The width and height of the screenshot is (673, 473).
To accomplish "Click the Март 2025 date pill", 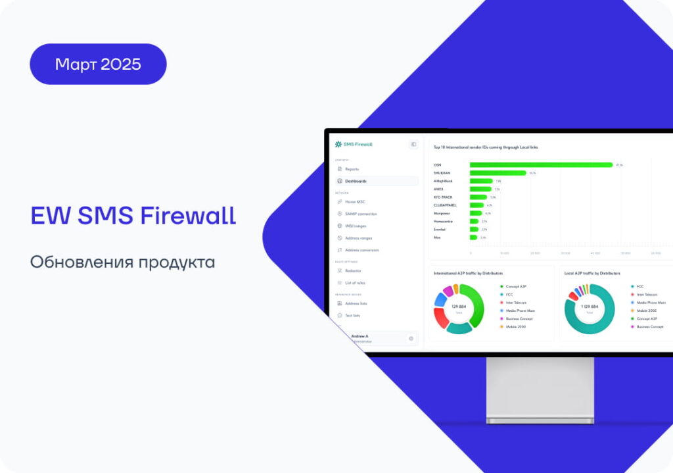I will (98, 64).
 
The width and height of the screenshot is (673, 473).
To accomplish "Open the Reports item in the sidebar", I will (352, 169).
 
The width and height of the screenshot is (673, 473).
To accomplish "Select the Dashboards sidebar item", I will (356, 181).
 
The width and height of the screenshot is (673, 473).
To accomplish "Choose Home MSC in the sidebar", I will (355, 201).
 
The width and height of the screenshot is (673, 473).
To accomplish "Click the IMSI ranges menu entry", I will (356, 226).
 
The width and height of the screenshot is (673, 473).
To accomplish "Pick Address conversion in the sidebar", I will (361, 250).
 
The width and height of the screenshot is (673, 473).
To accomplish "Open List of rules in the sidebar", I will (356, 282).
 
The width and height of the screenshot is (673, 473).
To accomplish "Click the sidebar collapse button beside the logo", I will (413, 144).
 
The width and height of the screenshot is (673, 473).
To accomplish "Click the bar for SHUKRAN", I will (498, 173).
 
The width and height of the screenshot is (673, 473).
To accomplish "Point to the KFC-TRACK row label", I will (443, 197).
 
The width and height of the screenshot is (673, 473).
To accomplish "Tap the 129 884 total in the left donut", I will (459, 307).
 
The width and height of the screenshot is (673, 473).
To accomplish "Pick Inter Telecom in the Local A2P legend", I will (647, 295).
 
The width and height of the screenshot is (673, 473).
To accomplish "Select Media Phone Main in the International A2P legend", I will (520, 311).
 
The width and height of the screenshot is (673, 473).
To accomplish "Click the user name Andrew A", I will (360, 336).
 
